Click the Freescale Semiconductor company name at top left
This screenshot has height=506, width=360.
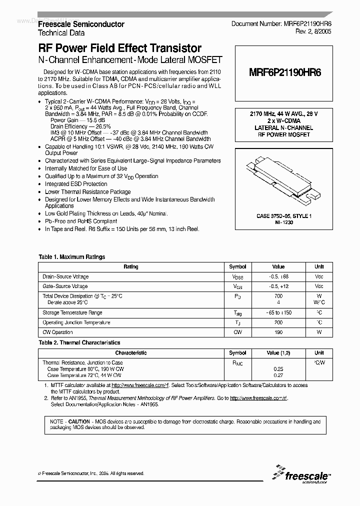[x=81, y=24]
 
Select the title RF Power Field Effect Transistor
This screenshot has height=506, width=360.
[x=120, y=48]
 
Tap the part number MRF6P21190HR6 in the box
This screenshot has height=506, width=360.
[x=285, y=72]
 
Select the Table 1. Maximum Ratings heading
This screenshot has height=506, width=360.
[x=72, y=257]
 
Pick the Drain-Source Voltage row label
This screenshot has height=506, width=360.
[x=66, y=276]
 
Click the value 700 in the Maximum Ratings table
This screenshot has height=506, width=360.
[x=278, y=296]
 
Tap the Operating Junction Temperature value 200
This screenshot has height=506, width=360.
[x=278, y=322]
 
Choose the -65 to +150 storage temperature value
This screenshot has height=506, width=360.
[x=278, y=312]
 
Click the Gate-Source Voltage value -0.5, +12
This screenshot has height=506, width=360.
[x=278, y=286]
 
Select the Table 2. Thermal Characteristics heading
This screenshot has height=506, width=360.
[x=79, y=342]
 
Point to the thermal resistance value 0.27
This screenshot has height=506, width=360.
[x=278, y=374]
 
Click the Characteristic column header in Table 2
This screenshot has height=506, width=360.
[x=131, y=352]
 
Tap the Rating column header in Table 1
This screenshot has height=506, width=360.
[x=131, y=267]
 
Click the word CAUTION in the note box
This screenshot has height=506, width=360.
[x=79, y=421]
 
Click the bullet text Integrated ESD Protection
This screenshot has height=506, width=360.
[x=76, y=184]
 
